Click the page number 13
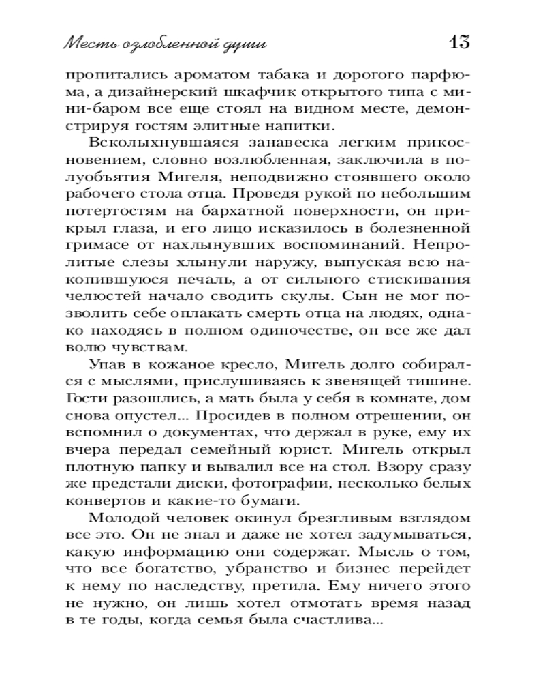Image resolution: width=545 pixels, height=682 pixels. click(459, 42)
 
